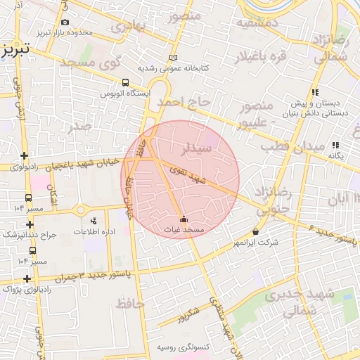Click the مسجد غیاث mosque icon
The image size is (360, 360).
click(184, 219)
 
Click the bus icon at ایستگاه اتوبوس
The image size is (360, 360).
click(125, 82)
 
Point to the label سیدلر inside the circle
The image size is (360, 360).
click(197, 149)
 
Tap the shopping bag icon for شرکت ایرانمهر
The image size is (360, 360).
click(255, 231)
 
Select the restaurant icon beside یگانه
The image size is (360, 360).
click(336, 145)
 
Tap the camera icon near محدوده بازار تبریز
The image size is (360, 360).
click(65, 22)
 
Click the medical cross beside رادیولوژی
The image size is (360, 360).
click(25, 156)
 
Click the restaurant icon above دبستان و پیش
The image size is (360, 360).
click(316, 92)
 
